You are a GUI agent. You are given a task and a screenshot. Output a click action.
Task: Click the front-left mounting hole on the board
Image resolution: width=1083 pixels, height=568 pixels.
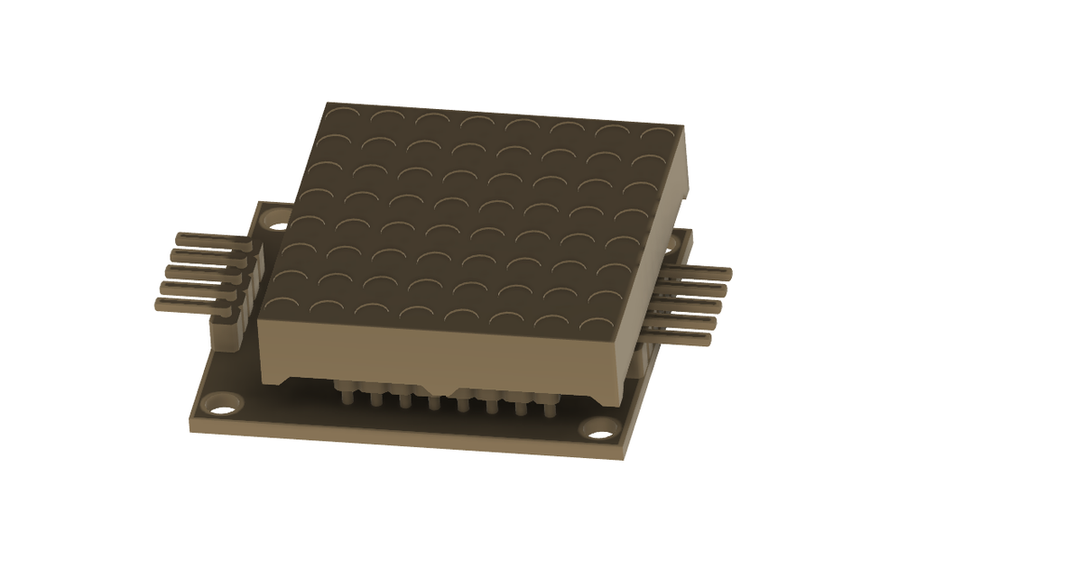click(x=220, y=403)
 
